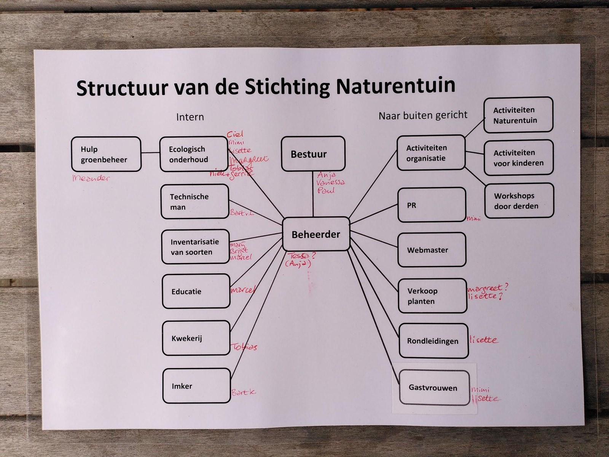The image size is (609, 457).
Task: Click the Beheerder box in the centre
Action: [x=316, y=234]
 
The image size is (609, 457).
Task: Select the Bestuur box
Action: [x=313, y=154]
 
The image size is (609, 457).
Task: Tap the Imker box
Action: [x=196, y=386]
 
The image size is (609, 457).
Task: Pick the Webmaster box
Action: [x=432, y=250]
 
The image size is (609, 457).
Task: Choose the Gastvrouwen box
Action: [x=434, y=388]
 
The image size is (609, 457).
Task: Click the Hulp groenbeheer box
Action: [x=106, y=154]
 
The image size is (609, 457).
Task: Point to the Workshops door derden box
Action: [x=519, y=201]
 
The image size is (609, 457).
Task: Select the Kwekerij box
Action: [x=196, y=338]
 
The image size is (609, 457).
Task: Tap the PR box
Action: [x=432, y=205]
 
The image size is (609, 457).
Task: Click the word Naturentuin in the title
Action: [x=395, y=86]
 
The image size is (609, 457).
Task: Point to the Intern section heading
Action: [x=190, y=117]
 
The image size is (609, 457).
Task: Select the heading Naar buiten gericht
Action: [x=423, y=115]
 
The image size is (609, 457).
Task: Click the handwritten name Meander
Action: [x=91, y=177]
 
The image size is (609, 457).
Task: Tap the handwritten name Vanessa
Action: [x=330, y=182]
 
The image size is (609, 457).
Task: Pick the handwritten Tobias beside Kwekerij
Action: [x=244, y=347]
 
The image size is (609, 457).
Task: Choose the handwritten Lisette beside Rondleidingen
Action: [x=483, y=340]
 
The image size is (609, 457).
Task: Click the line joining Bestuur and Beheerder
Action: [x=313, y=194]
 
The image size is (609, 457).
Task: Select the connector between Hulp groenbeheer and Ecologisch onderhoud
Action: [x=150, y=153]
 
